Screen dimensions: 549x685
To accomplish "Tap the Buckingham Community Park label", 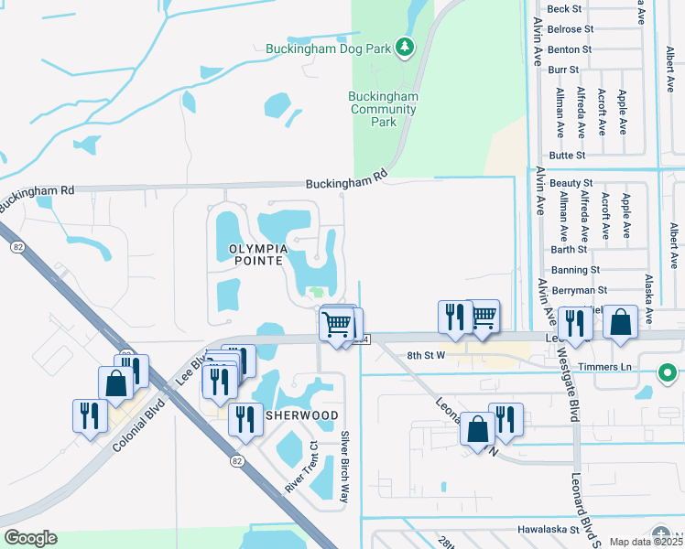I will pos(383,109).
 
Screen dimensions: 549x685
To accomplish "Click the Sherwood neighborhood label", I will pos(301,415).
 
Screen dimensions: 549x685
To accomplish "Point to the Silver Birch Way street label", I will pos(345,467).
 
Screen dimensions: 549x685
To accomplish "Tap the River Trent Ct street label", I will pos(299,468).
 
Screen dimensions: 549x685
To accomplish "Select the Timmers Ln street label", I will pos(613,366).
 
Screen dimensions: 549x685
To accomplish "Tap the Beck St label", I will pos(564,9).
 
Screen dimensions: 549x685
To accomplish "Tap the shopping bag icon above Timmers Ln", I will pos(621,323).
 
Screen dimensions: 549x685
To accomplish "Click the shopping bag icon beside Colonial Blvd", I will pos(116,383).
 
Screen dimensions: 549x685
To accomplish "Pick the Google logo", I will pos(30,538).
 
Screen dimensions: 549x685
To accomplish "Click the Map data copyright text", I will pos(647,542).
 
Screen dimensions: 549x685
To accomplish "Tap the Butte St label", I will pos(567,156).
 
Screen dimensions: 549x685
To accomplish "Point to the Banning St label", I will pos(575,270).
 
